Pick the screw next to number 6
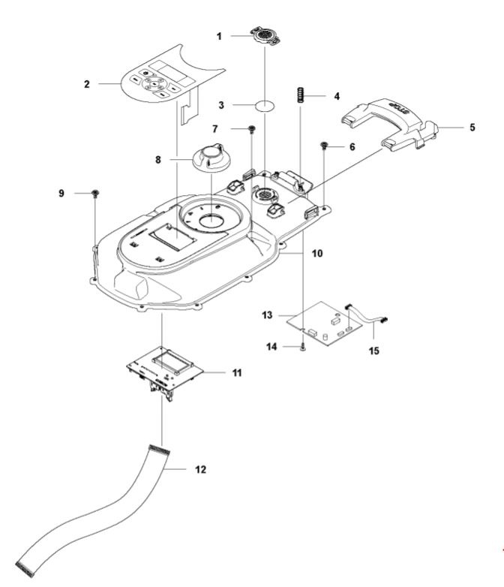[324, 146]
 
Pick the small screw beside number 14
[301, 347]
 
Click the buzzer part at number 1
[265, 35]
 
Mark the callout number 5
[472, 128]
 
